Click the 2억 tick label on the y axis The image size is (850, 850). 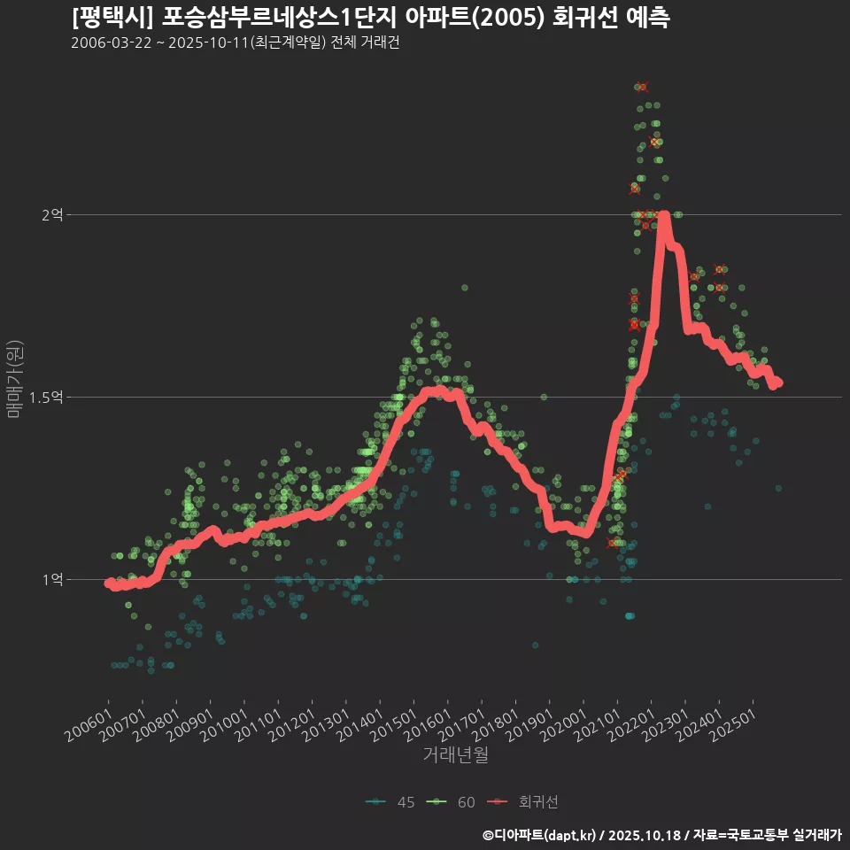pos(52,214)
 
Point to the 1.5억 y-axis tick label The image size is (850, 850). pos(46,397)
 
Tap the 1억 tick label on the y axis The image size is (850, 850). pos(52,579)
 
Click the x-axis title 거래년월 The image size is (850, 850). pos(455,754)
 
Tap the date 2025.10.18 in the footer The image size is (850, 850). pos(646,835)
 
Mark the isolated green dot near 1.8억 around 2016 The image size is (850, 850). pos(464,288)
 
